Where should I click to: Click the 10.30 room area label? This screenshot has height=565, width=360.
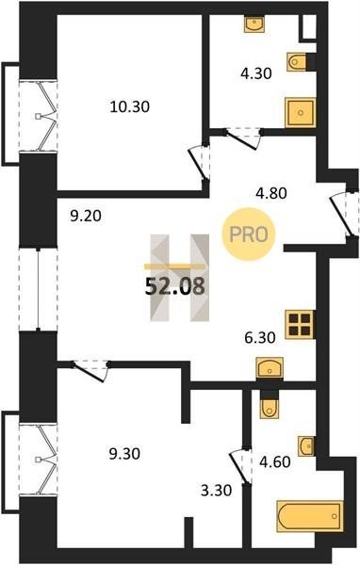click(x=129, y=107)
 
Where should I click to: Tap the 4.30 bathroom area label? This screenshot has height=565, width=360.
click(x=256, y=73)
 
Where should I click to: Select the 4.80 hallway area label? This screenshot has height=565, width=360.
click(x=271, y=193)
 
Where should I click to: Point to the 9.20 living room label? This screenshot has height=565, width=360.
click(x=86, y=217)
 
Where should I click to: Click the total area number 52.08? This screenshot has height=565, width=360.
click(x=175, y=287)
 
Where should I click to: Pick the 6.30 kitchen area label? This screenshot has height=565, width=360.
click(x=260, y=338)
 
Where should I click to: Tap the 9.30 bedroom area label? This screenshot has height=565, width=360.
click(x=124, y=454)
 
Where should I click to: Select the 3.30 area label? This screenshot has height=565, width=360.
click(x=216, y=491)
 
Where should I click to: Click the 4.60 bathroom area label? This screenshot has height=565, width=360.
click(x=275, y=462)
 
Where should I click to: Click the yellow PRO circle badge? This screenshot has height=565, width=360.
click(x=249, y=234)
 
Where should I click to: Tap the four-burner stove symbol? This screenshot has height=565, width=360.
click(x=300, y=324)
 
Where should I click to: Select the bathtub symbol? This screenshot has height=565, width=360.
click(x=310, y=516)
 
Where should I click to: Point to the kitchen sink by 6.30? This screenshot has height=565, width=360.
click(x=270, y=367)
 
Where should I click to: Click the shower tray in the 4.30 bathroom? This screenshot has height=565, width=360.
click(x=301, y=112)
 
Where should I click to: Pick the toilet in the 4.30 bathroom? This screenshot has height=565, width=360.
click(x=297, y=62)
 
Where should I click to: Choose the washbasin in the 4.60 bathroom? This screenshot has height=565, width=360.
click(x=306, y=446)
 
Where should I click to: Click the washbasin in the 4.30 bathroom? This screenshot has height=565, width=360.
click(x=254, y=24)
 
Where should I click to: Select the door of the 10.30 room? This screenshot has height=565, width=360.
click(x=199, y=163)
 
